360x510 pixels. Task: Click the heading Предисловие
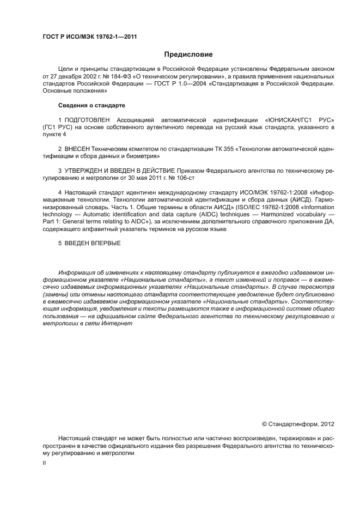[188, 54]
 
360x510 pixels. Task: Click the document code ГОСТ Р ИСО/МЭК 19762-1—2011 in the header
[89, 37]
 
